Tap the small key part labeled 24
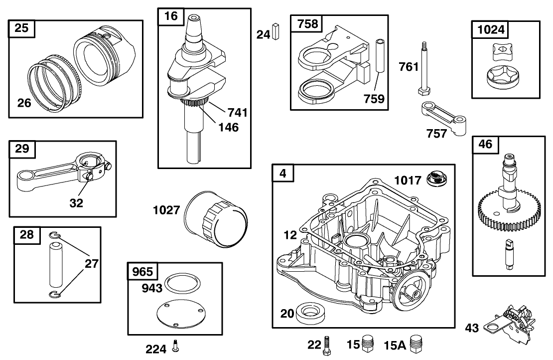(x=277, y=33)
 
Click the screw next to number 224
(x=176, y=346)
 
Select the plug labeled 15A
(x=415, y=344)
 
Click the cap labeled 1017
(x=436, y=179)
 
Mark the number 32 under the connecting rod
(x=76, y=203)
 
